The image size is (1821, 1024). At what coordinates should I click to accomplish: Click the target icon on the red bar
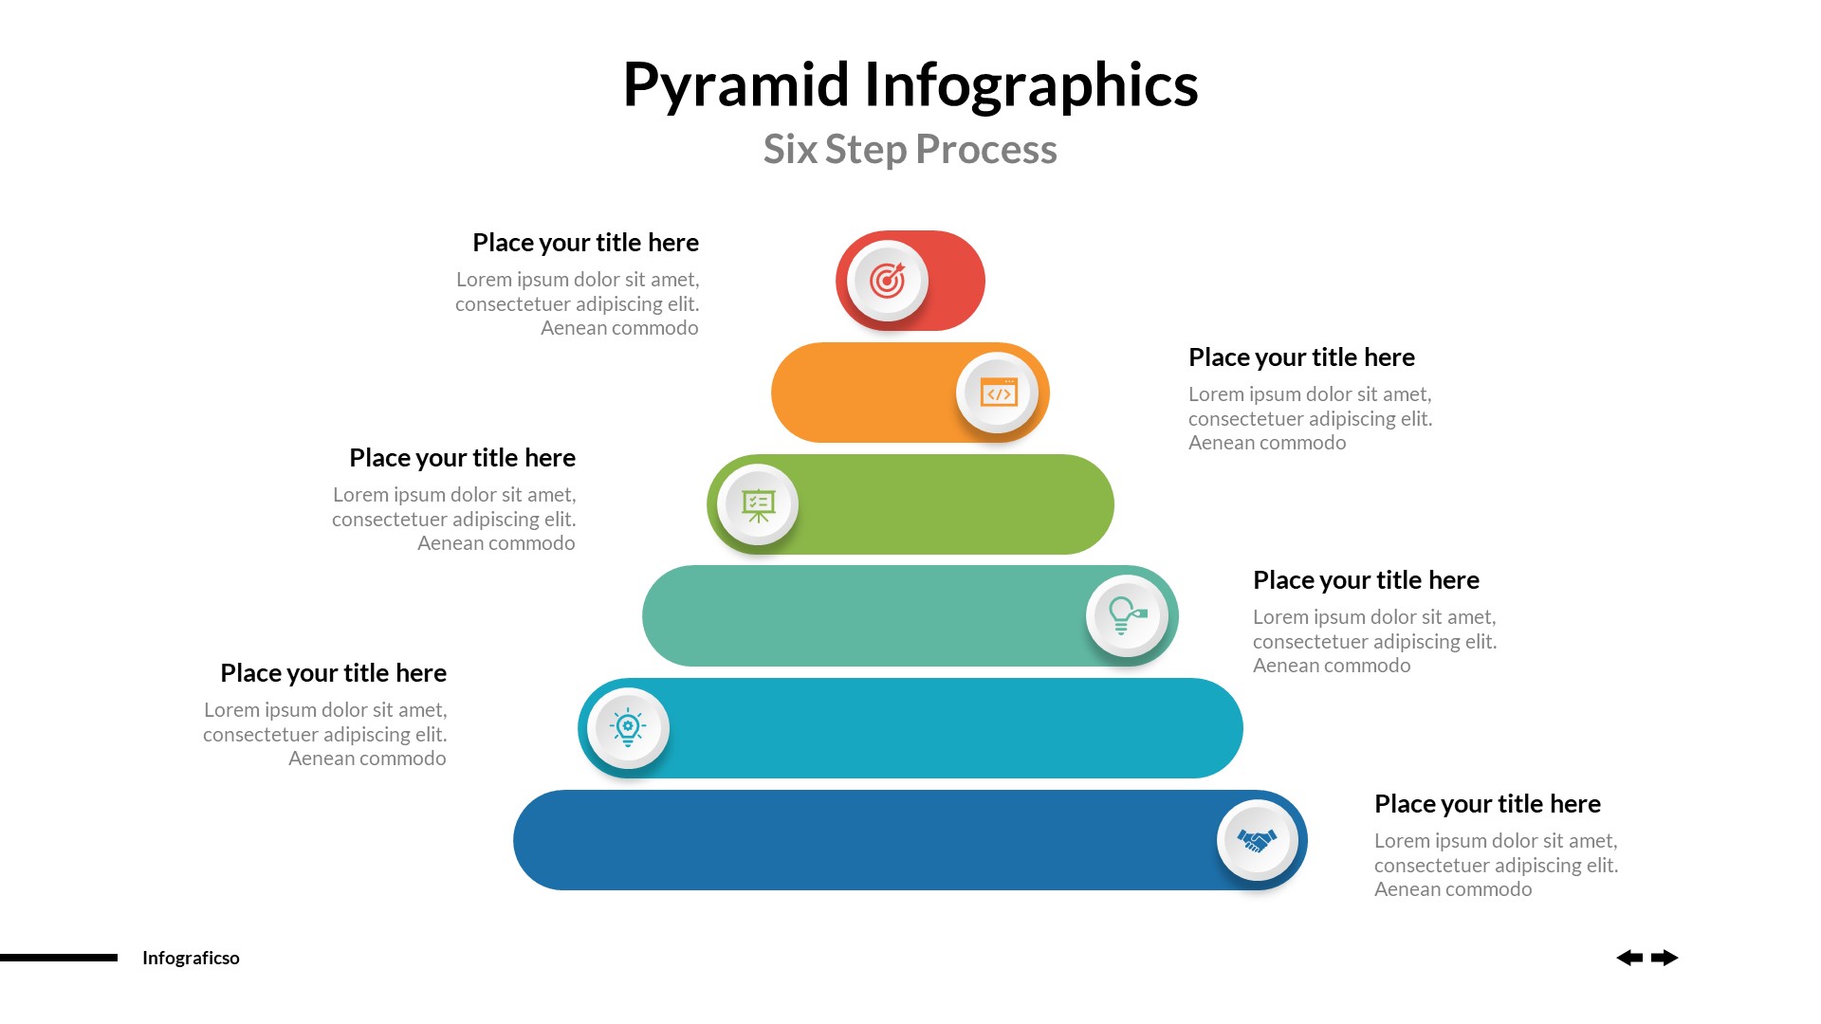coord(888,281)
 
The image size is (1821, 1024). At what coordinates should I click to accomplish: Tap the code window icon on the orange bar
coord(998,393)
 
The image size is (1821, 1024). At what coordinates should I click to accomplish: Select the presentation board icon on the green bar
coord(759,504)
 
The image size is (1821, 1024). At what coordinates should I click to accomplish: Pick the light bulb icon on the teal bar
coord(1127,616)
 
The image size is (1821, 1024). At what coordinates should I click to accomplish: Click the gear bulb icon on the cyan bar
coord(628,728)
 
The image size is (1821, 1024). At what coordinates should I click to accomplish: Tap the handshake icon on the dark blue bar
coord(1258,840)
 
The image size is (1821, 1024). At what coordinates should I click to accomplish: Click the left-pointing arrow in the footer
coord(1629,958)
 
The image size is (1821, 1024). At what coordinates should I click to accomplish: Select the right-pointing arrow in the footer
coord(1665,958)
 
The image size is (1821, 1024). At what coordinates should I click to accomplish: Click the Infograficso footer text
coord(191,958)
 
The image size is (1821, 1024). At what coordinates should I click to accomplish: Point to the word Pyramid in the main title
coord(736,85)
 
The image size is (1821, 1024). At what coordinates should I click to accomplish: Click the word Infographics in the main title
coord(1031,85)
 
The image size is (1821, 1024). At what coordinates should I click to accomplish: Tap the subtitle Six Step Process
coord(910,150)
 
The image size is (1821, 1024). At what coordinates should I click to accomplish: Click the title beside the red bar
coord(585,243)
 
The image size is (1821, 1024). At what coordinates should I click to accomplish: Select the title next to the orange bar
coord(1301,357)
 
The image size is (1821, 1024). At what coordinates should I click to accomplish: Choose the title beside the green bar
coord(462,458)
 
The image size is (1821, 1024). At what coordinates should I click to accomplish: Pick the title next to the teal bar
coord(1366,580)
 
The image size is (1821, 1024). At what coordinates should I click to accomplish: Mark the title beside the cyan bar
coord(333,673)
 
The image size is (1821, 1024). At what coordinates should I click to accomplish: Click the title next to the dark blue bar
coord(1487,804)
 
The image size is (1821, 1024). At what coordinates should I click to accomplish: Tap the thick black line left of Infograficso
coord(59,958)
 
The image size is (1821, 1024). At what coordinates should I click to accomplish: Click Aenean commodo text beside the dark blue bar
coord(1453,889)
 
